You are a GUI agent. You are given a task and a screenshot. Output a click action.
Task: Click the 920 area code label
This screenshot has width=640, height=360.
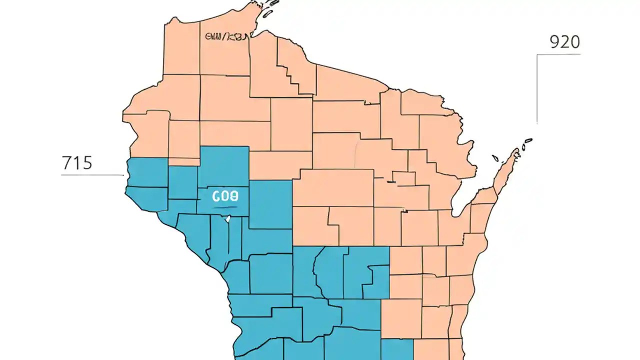point(564,42)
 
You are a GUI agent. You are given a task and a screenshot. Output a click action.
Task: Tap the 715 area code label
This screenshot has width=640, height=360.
point(77,163)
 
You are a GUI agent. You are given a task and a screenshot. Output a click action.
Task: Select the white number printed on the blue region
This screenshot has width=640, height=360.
point(225,196)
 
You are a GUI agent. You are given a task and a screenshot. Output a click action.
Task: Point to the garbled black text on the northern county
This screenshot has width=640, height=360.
point(226,36)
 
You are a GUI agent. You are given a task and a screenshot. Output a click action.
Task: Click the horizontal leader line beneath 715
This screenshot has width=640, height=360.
point(92,175)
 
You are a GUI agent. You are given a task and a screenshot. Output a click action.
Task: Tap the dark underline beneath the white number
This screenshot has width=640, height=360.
point(225,205)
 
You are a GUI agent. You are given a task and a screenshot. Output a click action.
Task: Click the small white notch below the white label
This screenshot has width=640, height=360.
point(228,218)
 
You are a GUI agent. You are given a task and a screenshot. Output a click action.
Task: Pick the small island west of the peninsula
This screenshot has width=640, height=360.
point(495,159)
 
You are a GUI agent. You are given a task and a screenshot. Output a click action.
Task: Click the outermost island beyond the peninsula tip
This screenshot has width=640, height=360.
point(528,141)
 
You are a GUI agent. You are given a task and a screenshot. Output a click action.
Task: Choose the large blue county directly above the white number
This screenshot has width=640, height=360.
point(223,165)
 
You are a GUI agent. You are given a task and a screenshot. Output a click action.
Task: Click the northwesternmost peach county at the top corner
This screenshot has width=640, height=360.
point(182,47)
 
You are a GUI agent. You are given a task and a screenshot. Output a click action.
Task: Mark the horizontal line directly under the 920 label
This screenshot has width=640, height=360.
point(559,54)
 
